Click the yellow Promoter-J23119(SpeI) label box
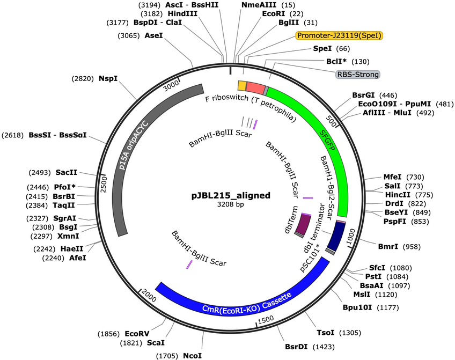coord(339,35)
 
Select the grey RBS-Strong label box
coord(357,75)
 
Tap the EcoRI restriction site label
coord(273,13)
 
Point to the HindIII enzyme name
coord(182,13)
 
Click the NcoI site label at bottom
coord(192,356)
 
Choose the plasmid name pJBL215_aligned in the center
coord(231,195)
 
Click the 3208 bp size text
coord(231,204)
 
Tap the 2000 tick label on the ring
coord(149,296)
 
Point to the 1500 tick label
coord(266,319)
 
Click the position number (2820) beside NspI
coord(83,79)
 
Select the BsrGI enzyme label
coord(363,95)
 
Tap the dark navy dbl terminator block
coord(336,237)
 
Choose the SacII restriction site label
coord(67,172)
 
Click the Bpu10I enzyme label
coord(357,307)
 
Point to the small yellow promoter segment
coord(242,86)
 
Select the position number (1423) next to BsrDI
coord(324,347)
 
